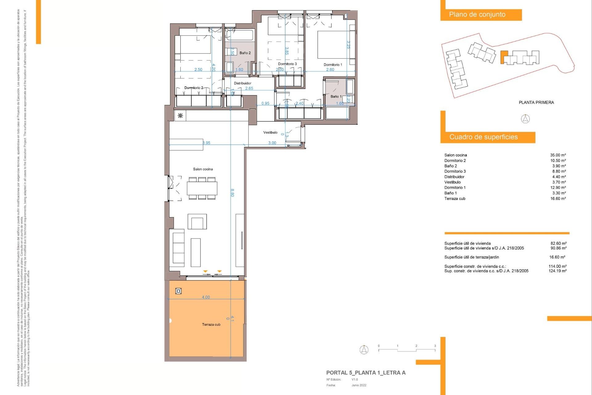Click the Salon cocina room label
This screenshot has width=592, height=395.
coord(203,169)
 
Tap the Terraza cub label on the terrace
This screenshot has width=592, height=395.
coord(211,324)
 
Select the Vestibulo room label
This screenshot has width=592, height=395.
coord(270,132)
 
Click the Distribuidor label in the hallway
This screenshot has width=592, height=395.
coord(242,83)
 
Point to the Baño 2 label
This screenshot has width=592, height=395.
coord(245,53)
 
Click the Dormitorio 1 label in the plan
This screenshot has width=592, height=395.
coord(333,64)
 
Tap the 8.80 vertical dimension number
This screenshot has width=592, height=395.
coord(232,193)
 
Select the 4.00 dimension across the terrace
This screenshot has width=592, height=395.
coord(206,297)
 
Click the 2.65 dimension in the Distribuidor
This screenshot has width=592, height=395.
coord(249,88)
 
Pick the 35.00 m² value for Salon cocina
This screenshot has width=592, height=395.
coord(558,155)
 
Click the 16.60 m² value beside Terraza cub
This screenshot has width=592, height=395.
coord(558,198)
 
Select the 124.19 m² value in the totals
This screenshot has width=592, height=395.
coord(557,271)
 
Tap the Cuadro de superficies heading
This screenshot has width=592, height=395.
coord(483,137)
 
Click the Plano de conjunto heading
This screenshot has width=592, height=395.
coord(477,15)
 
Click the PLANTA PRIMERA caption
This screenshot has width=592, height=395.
coord(536,102)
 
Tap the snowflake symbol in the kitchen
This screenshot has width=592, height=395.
coord(180,116)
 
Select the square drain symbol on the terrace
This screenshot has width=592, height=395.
coord(178,291)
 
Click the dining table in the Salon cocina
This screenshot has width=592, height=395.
coord(202,188)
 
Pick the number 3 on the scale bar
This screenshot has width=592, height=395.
coord(435,346)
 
